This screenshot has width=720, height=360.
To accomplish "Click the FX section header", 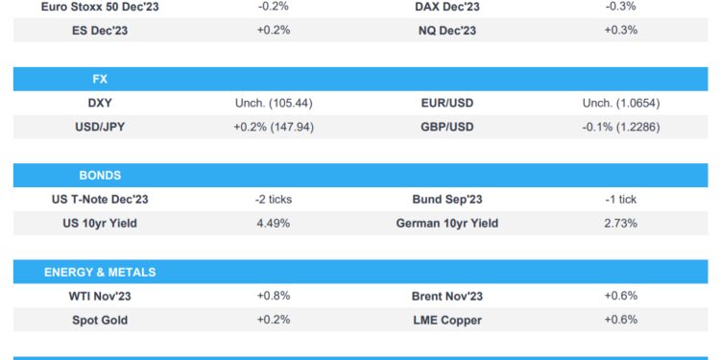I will tap(100, 79).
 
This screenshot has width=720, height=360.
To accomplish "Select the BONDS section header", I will tap(100, 176).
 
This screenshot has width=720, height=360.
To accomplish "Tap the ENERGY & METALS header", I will tap(100, 272).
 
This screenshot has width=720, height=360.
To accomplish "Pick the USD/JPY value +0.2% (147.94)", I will tap(274, 126).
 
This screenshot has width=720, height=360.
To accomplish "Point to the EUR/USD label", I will tap(446, 103).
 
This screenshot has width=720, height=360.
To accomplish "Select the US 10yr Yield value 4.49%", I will tap(274, 223).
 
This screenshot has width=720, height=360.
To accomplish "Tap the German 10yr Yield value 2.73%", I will tap(620, 223).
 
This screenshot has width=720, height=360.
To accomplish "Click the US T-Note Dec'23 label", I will tap(101, 200).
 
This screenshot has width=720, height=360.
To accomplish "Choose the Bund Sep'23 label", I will tap(446, 200).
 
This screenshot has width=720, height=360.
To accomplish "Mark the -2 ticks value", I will tap(274, 200).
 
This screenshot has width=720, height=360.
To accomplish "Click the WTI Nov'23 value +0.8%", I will tap(274, 296).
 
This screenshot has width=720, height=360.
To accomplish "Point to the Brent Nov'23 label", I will tap(446, 296).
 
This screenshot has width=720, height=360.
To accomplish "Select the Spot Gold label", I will tap(101, 319).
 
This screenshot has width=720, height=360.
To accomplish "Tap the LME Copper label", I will tap(446, 319).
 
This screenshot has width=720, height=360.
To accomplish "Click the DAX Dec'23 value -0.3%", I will tap(620, 7).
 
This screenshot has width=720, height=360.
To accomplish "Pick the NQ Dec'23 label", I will tap(446, 30).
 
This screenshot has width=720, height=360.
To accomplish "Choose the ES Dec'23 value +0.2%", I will tap(274, 30).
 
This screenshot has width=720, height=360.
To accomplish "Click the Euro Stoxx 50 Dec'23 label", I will tap(101, 7).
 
